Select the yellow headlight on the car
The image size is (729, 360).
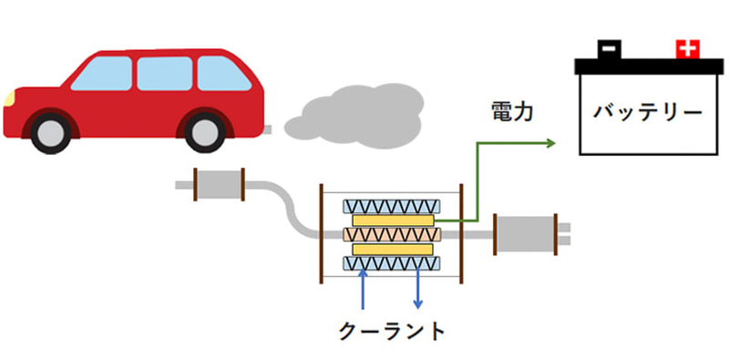click(x=8, y=97)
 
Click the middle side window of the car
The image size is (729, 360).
click(x=164, y=73)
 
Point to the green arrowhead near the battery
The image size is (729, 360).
click(x=549, y=143)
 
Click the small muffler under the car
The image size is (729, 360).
click(x=219, y=186)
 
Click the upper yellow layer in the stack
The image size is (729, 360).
click(x=393, y=221)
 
